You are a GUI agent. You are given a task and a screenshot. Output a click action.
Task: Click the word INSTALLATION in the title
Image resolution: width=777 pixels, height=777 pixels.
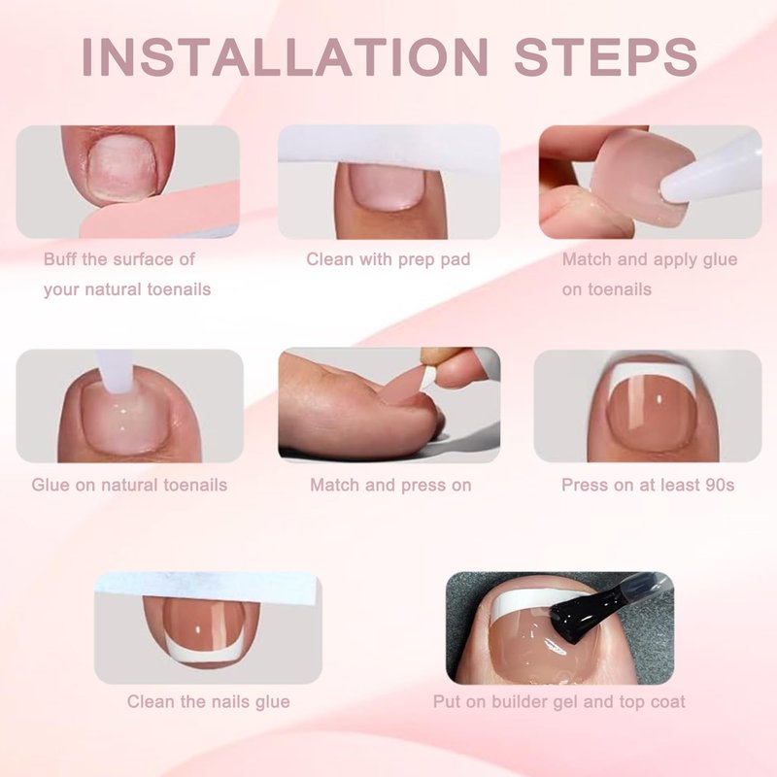coord(285,56)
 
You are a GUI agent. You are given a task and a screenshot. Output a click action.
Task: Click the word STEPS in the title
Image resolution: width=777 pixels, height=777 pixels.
coord(605,56)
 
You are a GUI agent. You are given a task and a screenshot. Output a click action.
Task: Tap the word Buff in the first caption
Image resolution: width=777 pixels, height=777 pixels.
coord(60,258)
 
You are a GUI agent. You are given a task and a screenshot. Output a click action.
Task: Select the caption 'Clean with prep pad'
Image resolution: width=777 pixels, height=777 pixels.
coord(388,259)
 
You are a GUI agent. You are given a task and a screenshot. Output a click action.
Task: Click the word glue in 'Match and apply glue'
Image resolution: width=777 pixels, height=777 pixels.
coord(720,260)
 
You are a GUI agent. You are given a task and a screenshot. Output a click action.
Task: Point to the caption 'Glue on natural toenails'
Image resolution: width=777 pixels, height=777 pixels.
coord(129,485)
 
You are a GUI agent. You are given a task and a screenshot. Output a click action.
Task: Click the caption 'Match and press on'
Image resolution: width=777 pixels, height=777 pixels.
coord(390,485)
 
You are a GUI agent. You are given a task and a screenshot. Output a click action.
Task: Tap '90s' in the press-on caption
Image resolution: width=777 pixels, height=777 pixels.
coord(719,485)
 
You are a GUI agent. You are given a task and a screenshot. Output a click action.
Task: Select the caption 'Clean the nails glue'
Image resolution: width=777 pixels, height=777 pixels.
coord(208,701)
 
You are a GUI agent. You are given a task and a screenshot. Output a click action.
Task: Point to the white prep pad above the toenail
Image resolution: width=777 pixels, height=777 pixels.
coord(389,148)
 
